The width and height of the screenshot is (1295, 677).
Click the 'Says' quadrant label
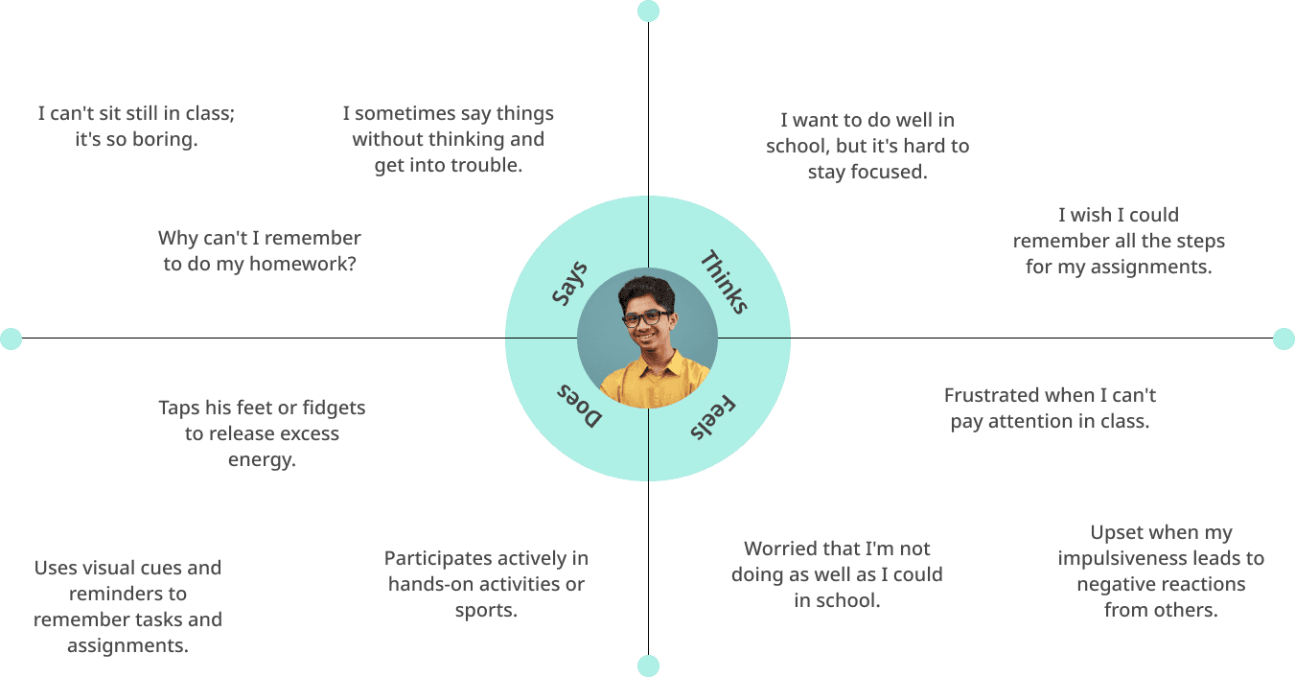click(x=569, y=284)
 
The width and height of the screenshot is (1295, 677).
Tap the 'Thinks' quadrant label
click(x=724, y=282)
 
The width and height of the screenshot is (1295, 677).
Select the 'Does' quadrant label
click(x=580, y=406)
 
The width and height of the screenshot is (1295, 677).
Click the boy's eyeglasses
click(x=646, y=318)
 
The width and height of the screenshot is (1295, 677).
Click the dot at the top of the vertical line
click(x=648, y=12)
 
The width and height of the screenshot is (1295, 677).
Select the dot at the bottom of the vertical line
click(x=648, y=665)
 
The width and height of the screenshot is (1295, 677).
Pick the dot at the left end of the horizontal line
click(x=11, y=338)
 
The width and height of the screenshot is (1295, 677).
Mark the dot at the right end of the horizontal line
click(x=1283, y=338)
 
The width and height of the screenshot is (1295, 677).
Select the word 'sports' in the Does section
click(x=484, y=610)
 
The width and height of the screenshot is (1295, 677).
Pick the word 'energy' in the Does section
click(x=260, y=459)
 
